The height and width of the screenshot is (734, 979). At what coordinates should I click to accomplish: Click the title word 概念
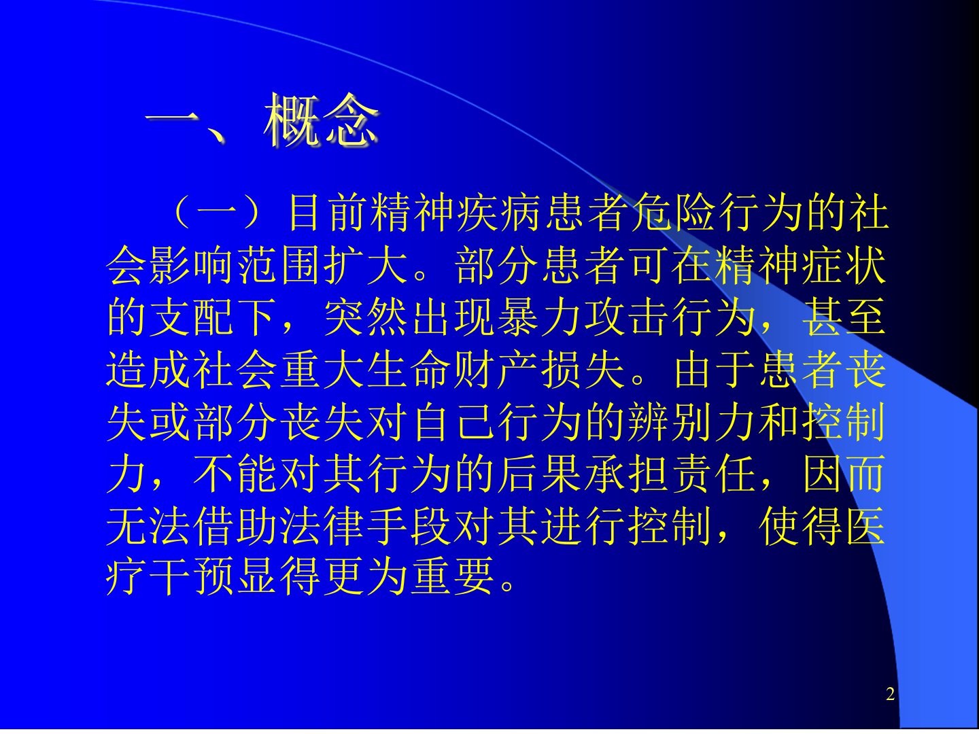point(321,120)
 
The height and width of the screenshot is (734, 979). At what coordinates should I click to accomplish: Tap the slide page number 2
point(890,694)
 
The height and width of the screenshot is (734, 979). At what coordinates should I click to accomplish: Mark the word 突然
point(366,317)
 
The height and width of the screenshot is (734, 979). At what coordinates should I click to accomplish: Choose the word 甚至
point(844,317)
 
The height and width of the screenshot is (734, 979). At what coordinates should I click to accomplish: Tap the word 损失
point(583,369)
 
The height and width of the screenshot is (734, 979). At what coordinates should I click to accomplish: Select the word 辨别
point(669,421)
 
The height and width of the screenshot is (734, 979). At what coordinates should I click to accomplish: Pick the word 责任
point(712,473)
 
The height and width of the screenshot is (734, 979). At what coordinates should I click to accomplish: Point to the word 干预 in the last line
point(192,578)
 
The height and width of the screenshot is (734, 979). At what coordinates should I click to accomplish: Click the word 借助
point(236,525)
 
